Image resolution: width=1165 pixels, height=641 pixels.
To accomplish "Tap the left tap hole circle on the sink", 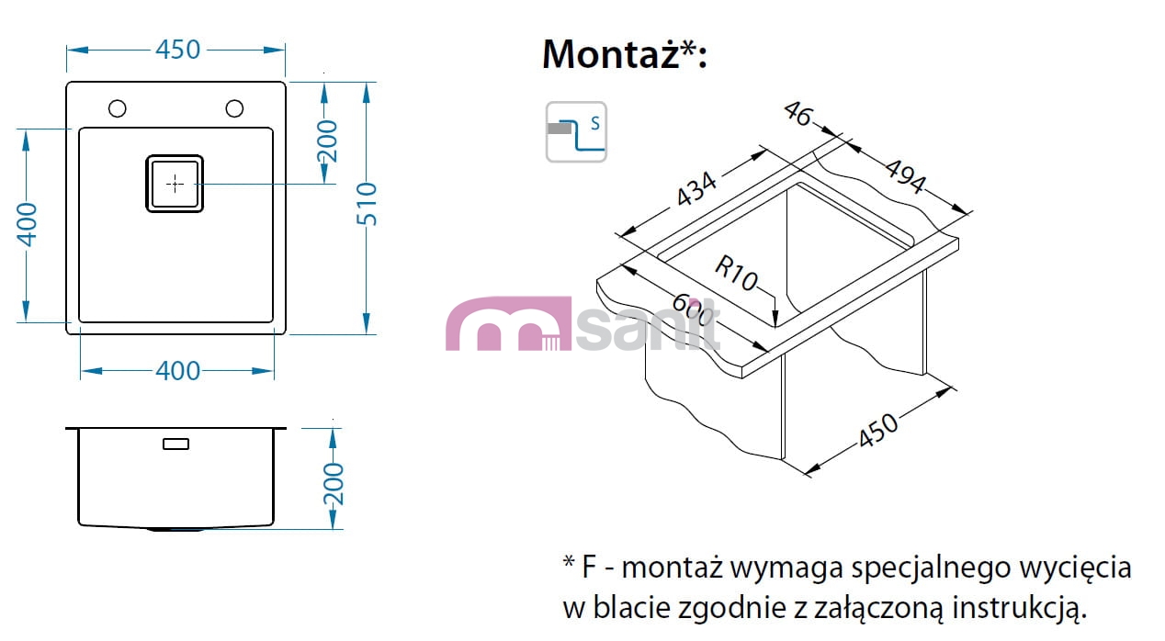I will (117, 108).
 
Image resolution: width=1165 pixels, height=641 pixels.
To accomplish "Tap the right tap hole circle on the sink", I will (234, 108).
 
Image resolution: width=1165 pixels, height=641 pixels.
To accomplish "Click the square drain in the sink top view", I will (175, 184).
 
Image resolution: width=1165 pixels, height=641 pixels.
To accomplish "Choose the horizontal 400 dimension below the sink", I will (177, 370).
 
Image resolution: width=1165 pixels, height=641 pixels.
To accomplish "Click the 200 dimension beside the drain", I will (327, 141).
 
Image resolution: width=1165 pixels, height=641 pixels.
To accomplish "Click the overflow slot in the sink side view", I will (175, 444).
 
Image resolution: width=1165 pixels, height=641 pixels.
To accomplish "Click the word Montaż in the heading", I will (609, 53).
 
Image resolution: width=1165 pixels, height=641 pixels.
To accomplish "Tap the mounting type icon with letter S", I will (576, 132).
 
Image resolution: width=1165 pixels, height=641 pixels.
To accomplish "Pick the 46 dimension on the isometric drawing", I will (799, 114).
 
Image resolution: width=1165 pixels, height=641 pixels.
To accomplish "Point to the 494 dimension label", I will (905, 177).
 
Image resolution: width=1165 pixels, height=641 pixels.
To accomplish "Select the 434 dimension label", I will (696, 189).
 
